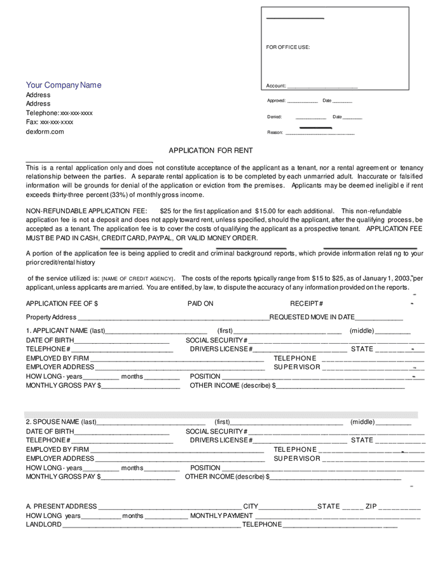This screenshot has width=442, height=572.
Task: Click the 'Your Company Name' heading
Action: [x=63, y=85]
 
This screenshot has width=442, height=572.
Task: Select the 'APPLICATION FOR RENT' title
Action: [x=211, y=151]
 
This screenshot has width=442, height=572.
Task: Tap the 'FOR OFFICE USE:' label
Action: [x=287, y=47]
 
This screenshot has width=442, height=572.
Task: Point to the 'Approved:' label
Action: [x=276, y=100]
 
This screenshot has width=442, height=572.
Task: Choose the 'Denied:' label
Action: [x=274, y=117]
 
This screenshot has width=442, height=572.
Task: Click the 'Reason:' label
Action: [x=275, y=132]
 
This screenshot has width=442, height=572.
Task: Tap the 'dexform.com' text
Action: [x=45, y=132]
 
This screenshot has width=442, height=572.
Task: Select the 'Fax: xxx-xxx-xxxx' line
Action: [x=49, y=122]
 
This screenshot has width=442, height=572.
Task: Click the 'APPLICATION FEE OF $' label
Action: [x=62, y=304]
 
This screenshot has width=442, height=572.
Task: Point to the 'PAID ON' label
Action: [x=200, y=304]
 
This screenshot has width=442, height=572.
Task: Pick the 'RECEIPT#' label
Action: [x=307, y=304]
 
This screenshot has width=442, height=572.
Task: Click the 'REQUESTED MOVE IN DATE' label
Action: [x=312, y=317]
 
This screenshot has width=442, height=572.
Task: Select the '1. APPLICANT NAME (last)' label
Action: [x=66, y=330]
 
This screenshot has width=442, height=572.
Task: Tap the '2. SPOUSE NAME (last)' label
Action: [x=61, y=422]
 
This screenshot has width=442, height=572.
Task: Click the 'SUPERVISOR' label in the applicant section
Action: [x=297, y=367]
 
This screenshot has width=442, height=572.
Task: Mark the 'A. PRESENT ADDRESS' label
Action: [x=62, y=507]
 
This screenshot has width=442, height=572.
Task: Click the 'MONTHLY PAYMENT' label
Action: [x=221, y=515]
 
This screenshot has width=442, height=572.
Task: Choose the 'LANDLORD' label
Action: [x=44, y=524]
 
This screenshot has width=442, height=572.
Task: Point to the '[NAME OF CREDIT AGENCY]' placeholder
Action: [x=138, y=278]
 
